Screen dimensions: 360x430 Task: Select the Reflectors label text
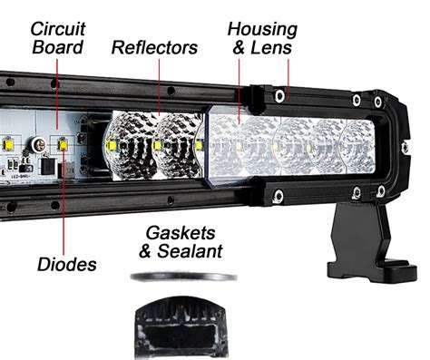tap(154, 46)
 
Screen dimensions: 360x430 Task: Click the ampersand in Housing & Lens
tap(239, 47)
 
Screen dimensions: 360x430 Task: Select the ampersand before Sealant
tap(148, 252)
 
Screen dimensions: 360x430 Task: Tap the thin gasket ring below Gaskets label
tap(182, 276)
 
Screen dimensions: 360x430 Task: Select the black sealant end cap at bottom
tap(181, 326)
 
